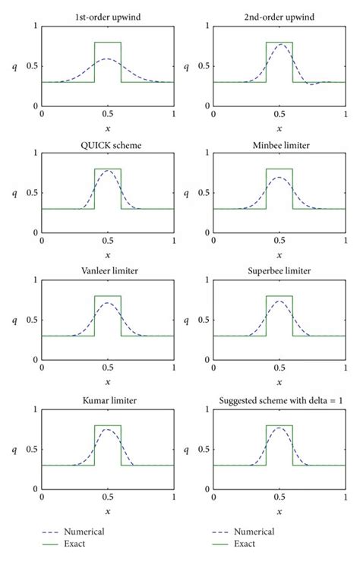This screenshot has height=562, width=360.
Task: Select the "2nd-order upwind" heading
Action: coord(279,16)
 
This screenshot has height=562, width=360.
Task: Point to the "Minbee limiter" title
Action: coord(279,143)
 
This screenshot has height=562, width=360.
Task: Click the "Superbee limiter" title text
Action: coord(279,270)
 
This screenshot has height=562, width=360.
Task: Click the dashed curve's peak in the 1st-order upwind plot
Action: coord(107,58)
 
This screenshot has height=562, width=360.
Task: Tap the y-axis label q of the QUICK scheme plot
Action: coord(14,193)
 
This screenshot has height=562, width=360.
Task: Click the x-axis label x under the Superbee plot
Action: coord(279,383)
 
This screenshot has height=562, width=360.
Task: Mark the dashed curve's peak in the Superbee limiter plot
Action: coord(279,302)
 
